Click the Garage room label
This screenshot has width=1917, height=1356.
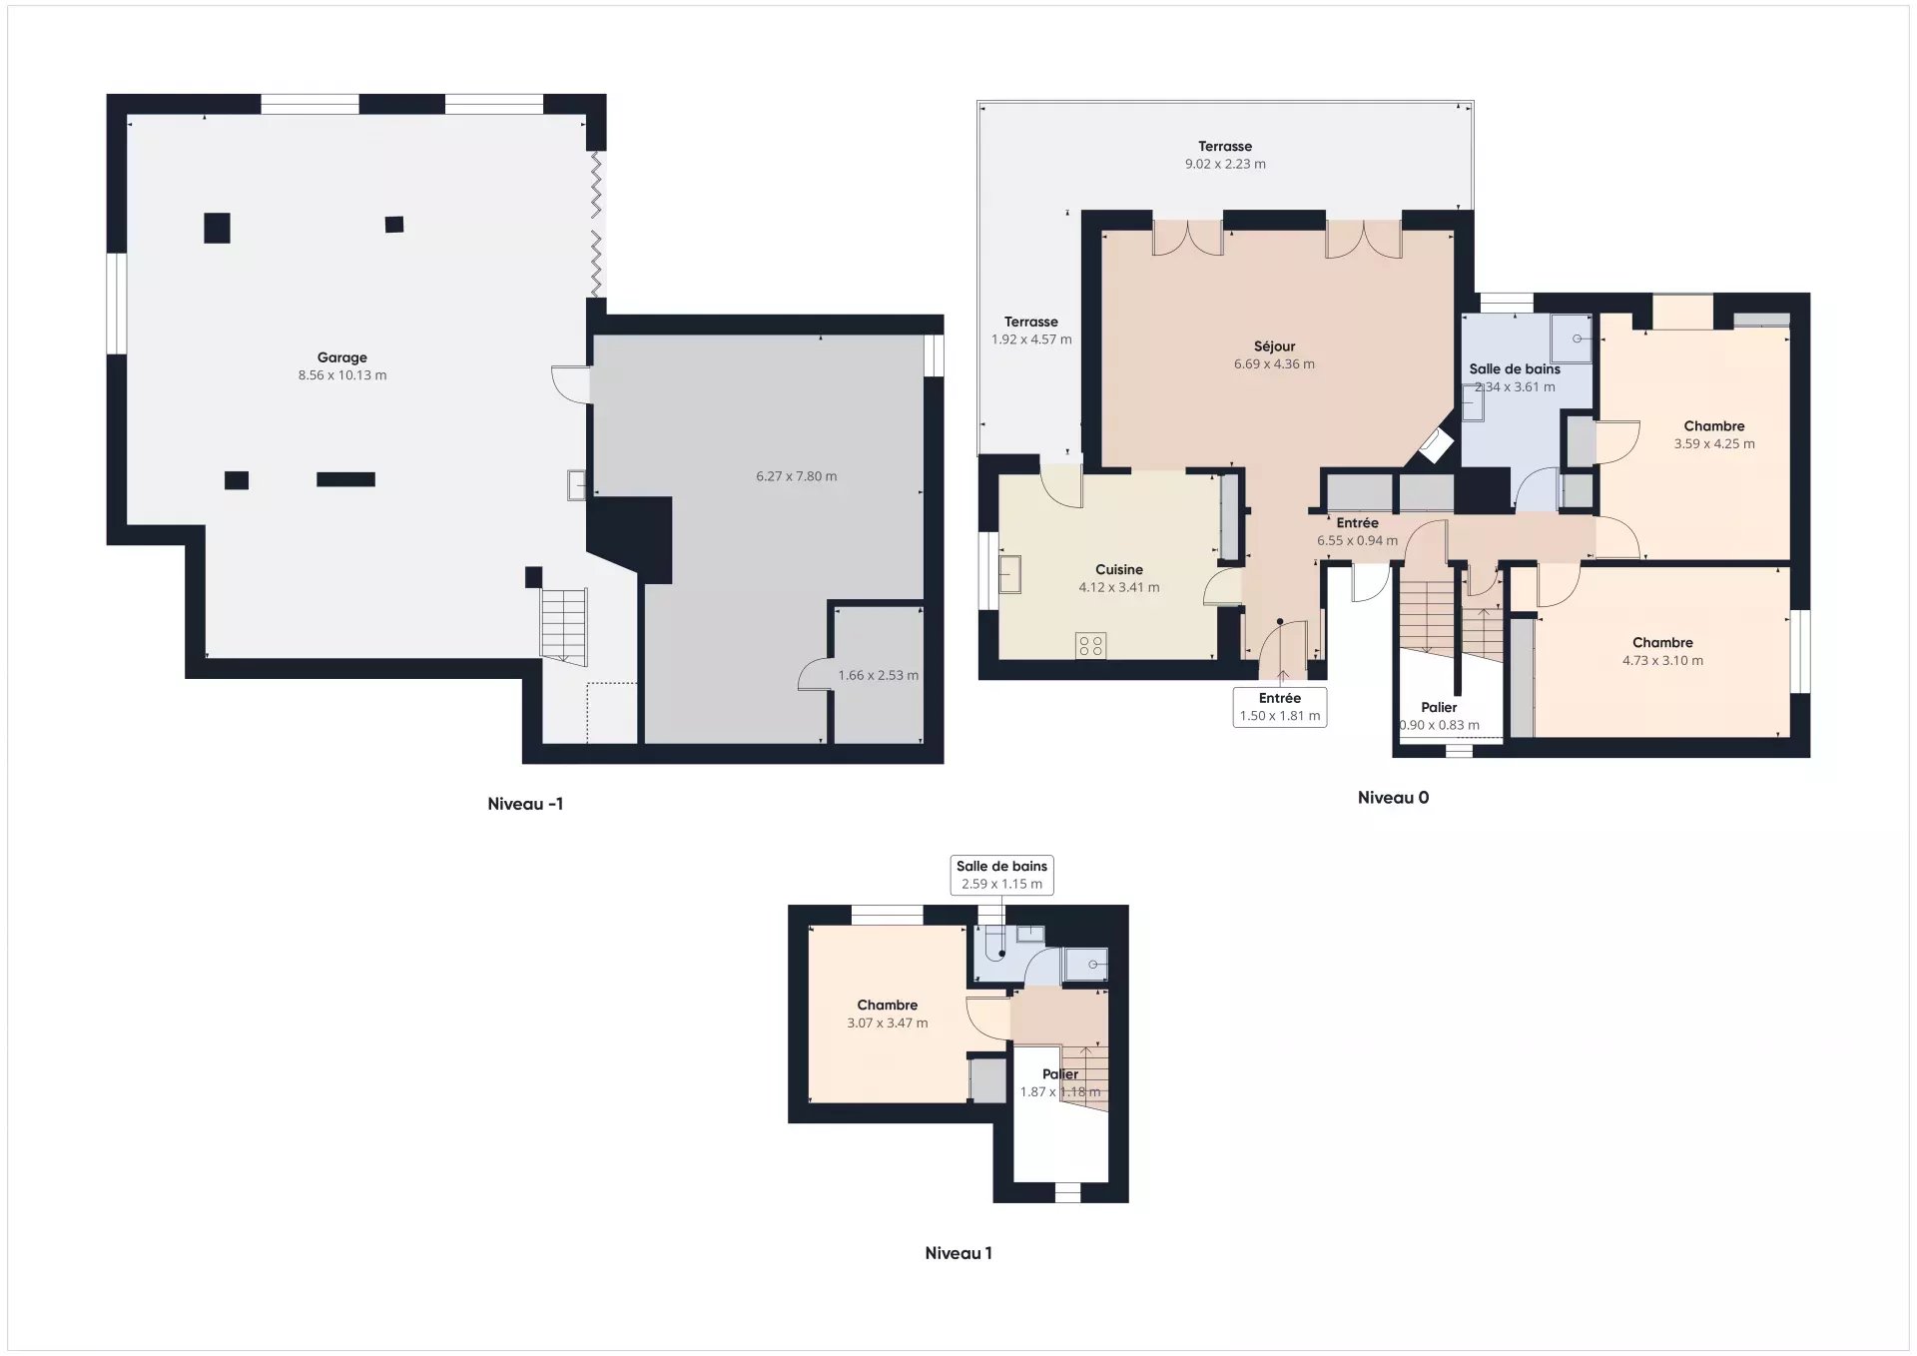coord(342,357)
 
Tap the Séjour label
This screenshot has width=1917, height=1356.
coord(1275,346)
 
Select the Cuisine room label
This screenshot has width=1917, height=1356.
coord(1119,570)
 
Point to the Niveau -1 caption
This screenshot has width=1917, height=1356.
coord(525,804)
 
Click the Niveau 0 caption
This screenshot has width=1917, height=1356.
coord(1393,798)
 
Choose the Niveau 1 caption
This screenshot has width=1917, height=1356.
coord(958,1253)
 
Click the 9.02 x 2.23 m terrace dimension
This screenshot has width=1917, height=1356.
coord(1225,164)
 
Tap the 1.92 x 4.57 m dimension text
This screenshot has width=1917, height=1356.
coord(1031,339)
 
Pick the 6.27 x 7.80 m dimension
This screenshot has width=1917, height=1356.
coord(797,476)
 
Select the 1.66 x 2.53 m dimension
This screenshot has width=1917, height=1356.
coord(879,675)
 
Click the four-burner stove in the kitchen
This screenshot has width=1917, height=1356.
coord(1091,646)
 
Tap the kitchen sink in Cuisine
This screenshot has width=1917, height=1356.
coord(1010,574)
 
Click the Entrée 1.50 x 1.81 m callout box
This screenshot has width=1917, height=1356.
coord(1280,707)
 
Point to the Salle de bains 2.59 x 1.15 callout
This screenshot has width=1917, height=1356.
coord(1001,875)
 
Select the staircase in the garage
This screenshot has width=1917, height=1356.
coord(564,626)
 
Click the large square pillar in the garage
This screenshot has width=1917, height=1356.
coord(217,228)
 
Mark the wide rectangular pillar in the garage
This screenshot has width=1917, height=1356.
coord(345,479)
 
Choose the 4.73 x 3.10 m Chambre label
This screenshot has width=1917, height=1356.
coord(1662,651)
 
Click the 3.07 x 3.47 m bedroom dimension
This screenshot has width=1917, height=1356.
coord(888,1023)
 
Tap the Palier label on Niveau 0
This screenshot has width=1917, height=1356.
coord(1439,707)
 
